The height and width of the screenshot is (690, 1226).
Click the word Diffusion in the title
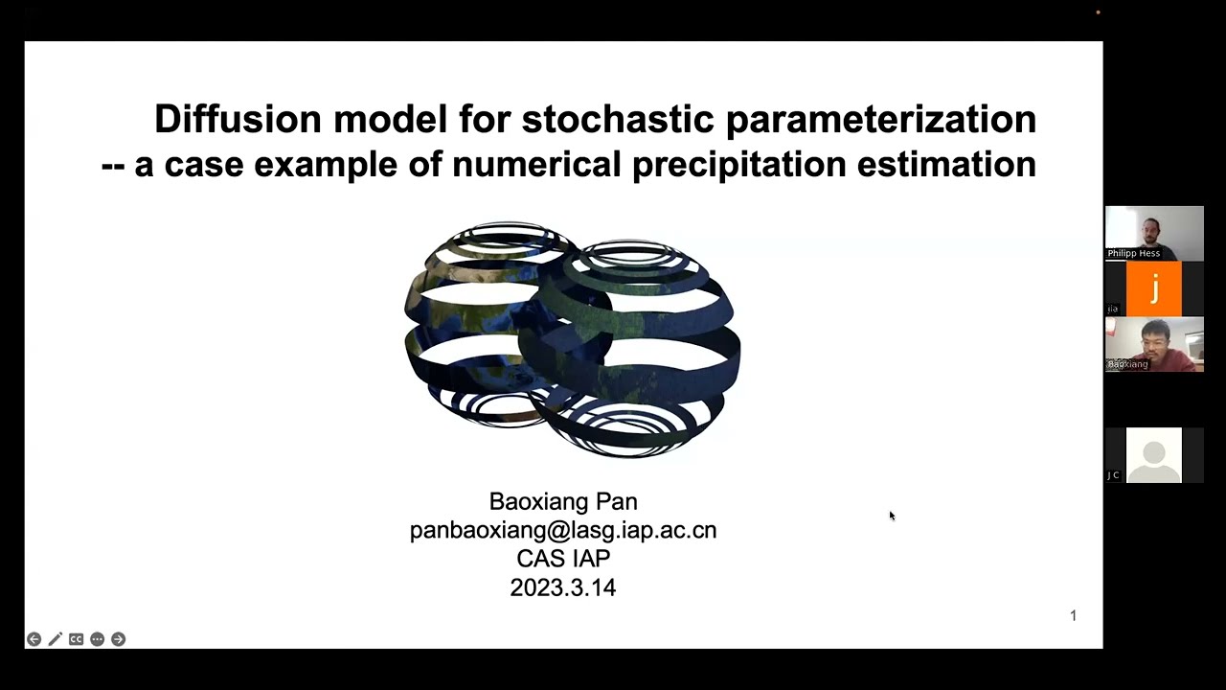pyautogui.click(x=238, y=120)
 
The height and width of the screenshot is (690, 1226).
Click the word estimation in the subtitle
pyautogui.click(x=945, y=164)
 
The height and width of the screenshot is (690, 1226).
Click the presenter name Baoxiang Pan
pyautogui.click(x=562, y=501)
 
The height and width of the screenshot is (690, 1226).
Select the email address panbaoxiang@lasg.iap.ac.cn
pyautogui.click(x=562, y=530)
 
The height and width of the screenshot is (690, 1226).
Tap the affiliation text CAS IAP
pyautogui.click(x=562, y=559)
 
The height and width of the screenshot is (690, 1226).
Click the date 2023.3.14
pyautogui.click(x=562, y=587)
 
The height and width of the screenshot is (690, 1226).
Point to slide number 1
pyautogui.click(x=1073, y=615)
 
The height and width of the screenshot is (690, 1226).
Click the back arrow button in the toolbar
pyautogui.click(x=34, y=639)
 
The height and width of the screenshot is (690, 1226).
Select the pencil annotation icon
pyautogui.click(x=55, y=639)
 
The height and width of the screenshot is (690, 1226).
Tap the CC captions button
pyautogui.click(x=76, y=639)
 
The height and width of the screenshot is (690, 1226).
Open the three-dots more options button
pyautogui.click(x=97, y=639)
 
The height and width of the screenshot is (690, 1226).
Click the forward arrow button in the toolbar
pyautogui.click(x=118, y=639)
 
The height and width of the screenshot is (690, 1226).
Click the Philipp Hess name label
pyautogui.click(x=1133, y=253)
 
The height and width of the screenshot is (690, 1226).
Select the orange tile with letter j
pyautogui.click(x=1153, y=288)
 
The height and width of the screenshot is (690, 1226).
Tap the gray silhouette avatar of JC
pyautogui.click(x=1153, y=455)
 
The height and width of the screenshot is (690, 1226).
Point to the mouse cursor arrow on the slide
pyautogui.click(x=891, y=516)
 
